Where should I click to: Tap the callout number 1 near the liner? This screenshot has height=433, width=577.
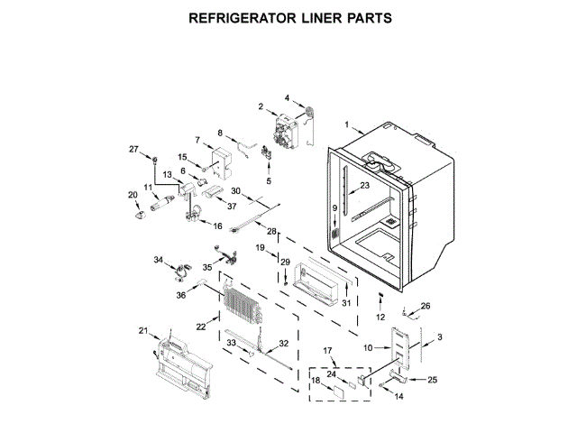344,123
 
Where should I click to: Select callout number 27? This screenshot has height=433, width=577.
133,149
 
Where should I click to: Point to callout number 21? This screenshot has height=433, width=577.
142,331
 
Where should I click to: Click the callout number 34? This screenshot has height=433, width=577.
158,260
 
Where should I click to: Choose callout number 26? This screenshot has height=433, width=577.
426,306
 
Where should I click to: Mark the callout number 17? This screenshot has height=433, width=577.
328,350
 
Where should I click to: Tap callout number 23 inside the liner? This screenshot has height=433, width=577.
364,187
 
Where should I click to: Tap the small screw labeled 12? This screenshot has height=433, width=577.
380,297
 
